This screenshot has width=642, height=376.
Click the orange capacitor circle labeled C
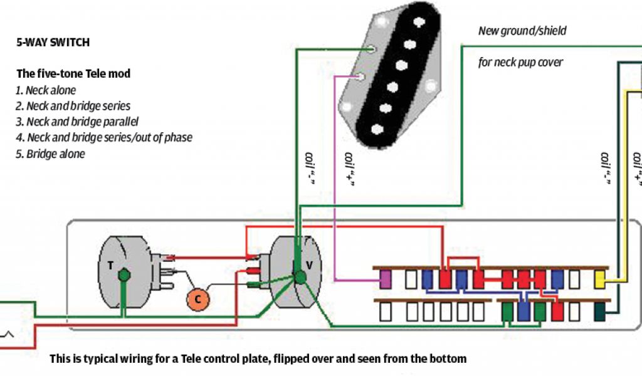tap(197, 299)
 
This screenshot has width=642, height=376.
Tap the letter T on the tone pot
tap(110, 265)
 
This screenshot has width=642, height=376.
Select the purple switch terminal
tap(386, 279)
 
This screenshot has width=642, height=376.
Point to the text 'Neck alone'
tap(51, 90)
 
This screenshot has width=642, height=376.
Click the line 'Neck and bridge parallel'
tap(82, 122)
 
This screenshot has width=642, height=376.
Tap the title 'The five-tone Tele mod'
tap(73, 73)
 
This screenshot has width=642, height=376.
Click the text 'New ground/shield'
tap(522, 30)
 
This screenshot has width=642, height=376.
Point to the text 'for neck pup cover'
tap(520, 62)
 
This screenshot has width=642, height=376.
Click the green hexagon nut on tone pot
tap(124, 274)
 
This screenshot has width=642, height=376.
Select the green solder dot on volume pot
tap(300, 276)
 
